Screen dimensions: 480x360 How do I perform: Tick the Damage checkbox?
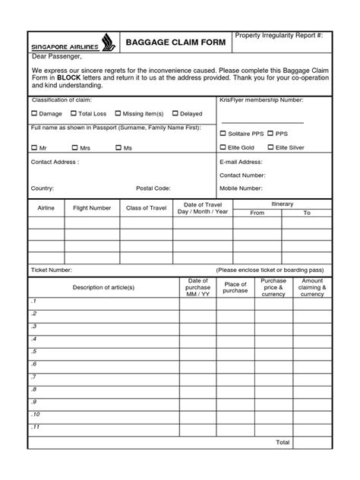pyautogui.click(x=34, y=113)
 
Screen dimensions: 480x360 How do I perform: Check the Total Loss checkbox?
pyautogui.click(x=73, y=113)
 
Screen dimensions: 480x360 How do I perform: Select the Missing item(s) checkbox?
pyautogui.click(x=120, y=113)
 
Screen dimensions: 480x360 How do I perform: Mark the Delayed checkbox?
pyautogui.click(x=175, y=113)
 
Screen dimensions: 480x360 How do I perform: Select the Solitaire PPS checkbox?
pyautogui.click(x=223, y=132)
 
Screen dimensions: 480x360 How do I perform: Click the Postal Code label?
pyautogui.click(x=153, y=187)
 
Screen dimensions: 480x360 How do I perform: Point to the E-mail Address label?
pyautogui.click(x=241, y=162)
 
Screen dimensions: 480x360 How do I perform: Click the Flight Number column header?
pyautogui.click(x=92, y=207)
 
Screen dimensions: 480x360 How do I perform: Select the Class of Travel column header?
pyautogui.click(x=146, y=207)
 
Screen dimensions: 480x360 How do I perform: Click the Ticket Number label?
pyautogui.click(x=52, y=270)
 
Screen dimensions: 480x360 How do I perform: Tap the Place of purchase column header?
pyautogui.click(x=235, y=287)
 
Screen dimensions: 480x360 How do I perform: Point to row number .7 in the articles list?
pyautogui.click(x=34, y=377)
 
